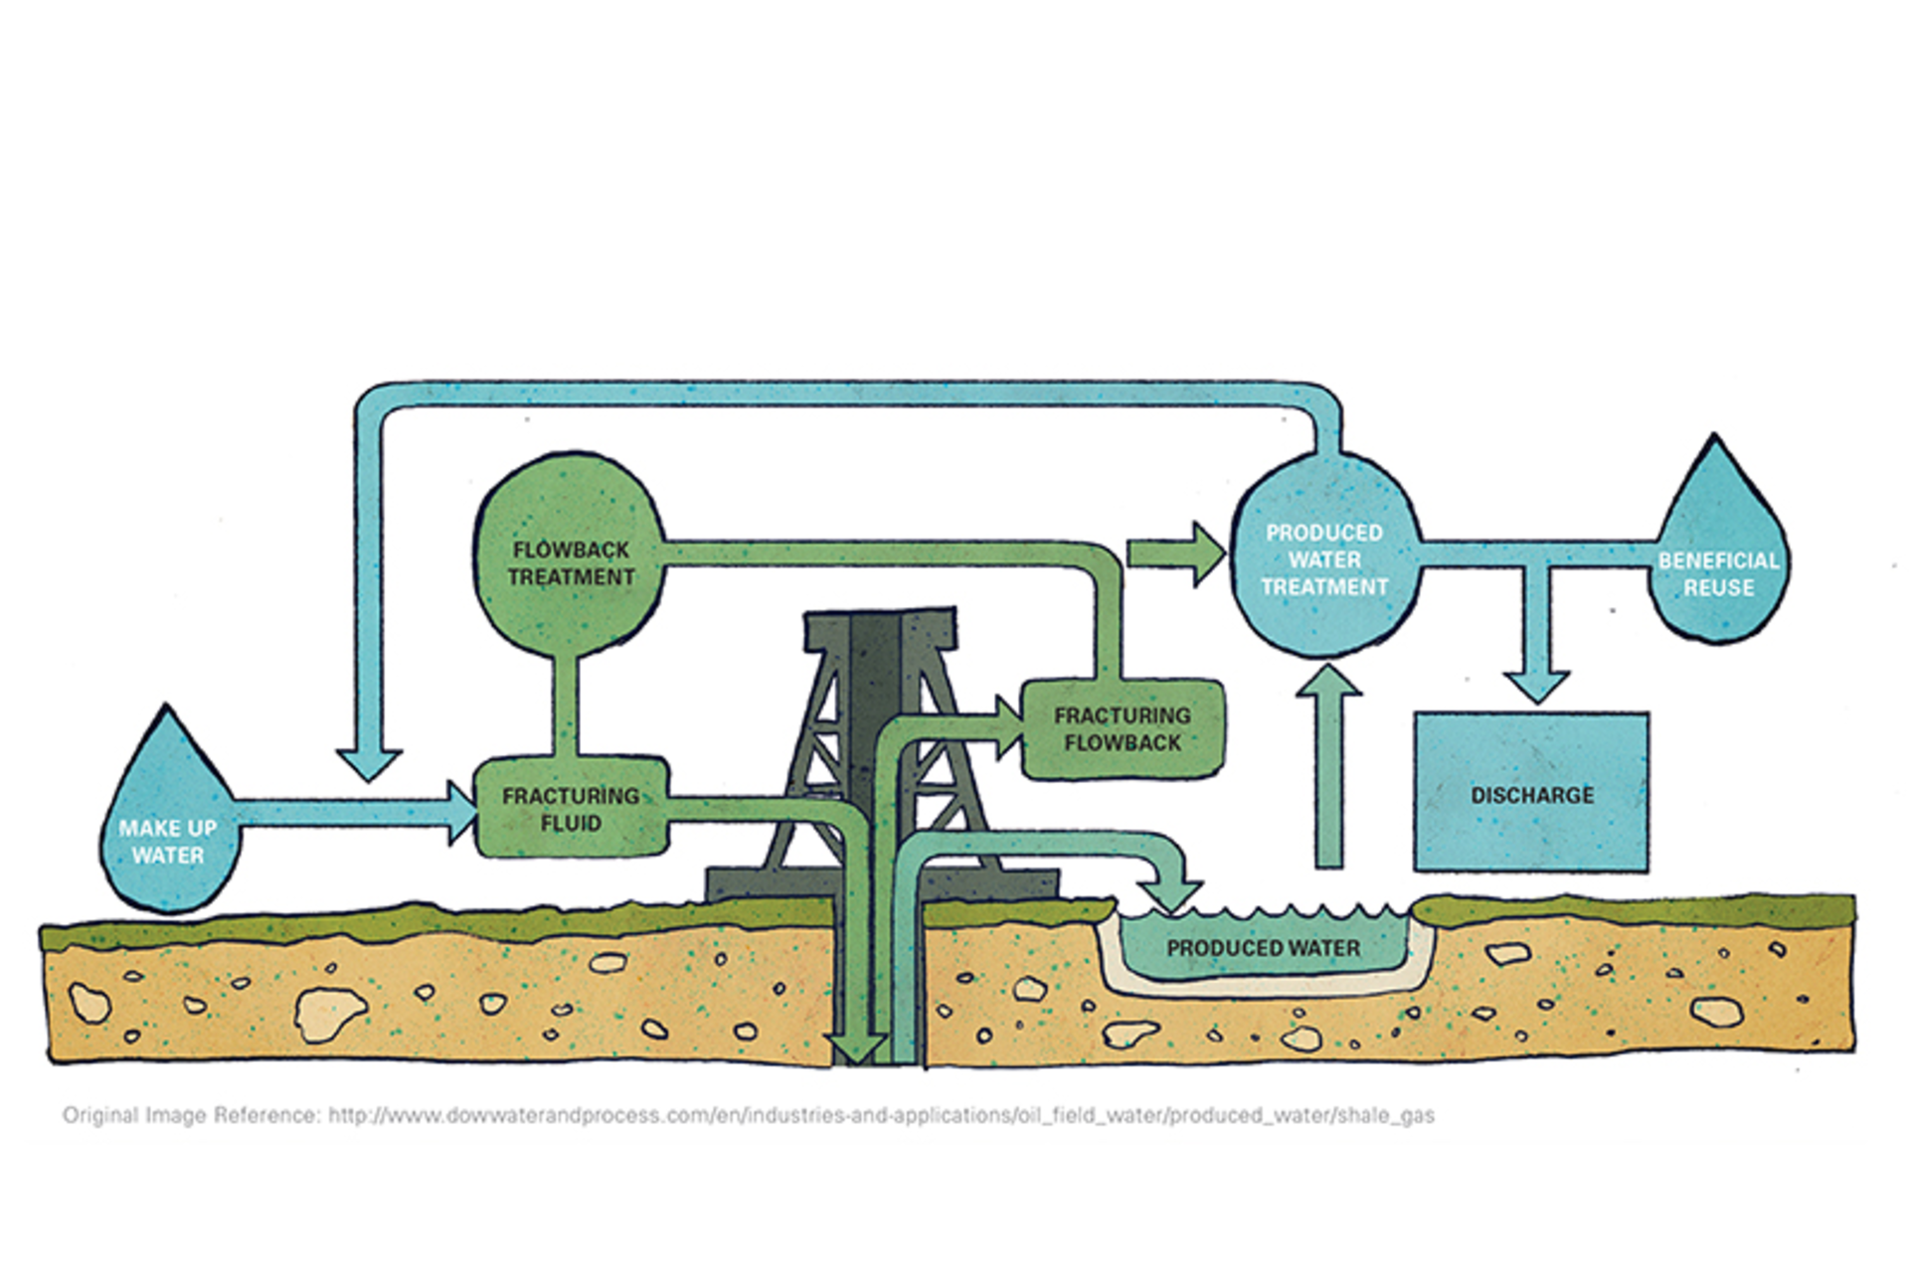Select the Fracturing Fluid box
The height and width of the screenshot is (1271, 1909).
pyautogui.click(x=571, y=809)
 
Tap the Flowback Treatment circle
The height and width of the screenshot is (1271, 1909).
pyautogui.click(x=570, y=556)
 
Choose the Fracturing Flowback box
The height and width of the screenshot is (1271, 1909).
pyautogui.click(x=1124, y=728)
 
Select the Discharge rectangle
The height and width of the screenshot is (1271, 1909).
pyautogui.click(x=1531, y=793)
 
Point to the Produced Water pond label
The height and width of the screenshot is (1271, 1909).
pyautogui.click(x=1263, y=948)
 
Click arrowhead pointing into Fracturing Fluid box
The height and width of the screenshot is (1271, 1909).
pyautogui.click(x=462, y=812)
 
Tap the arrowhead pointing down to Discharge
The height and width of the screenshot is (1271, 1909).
pyautogui.click(x=1536, y=686)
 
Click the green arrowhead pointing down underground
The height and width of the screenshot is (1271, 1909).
pyautogui.click(x=856, y=1047)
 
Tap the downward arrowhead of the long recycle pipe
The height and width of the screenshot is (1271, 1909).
pyautogui.click(x=369, y=764)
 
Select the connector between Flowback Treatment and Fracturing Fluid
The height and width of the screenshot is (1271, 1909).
pyautogui.click(x=565, y=706)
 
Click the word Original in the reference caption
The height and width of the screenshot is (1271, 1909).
pyautogui.click(x=100, y=1115)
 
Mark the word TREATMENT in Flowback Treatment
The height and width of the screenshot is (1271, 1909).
pyautogui.click(x=571, y=577)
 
